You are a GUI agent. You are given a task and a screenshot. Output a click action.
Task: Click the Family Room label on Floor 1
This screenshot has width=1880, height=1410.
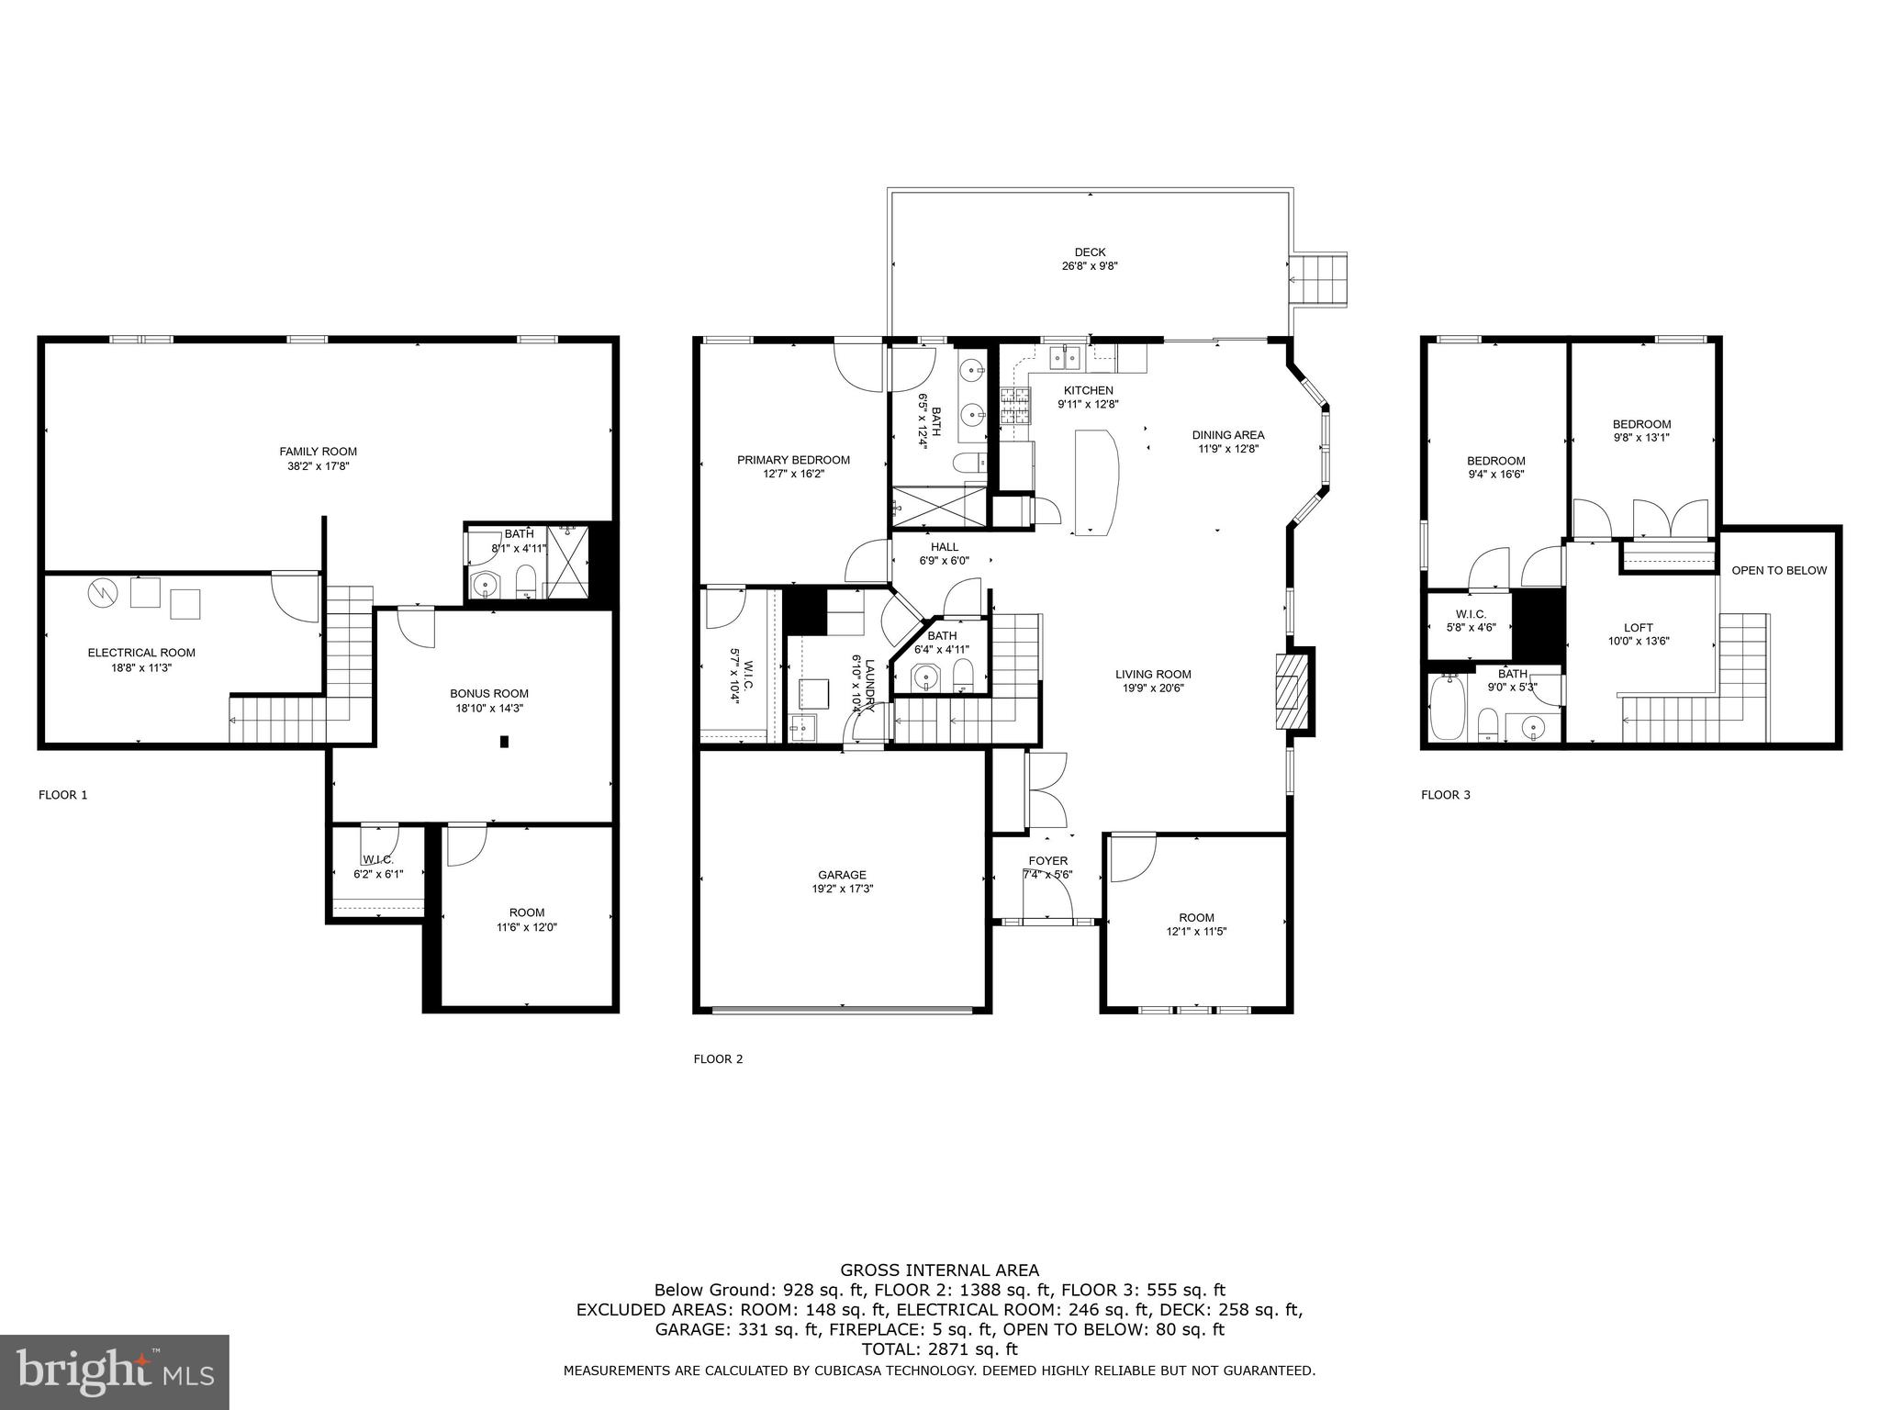[318, 451]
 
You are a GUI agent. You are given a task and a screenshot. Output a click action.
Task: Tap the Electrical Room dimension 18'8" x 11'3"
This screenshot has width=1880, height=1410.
[141, 667]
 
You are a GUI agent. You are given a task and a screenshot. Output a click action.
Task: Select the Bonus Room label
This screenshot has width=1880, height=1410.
[488, 693]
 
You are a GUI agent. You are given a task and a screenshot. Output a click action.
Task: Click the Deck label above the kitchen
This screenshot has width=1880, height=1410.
[1090, 252]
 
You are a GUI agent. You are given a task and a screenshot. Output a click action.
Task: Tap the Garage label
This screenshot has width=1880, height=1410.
[842, 875]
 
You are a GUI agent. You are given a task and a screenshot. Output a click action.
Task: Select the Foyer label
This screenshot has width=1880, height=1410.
[1047, 860]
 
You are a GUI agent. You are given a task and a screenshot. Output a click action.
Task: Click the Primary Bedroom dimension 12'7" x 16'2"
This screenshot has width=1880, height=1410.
[793, 474]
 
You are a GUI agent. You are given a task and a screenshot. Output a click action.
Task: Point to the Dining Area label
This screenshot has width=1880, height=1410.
[1227, 434]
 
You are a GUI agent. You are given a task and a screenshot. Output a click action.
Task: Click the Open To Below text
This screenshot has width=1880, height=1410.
[1778, 570]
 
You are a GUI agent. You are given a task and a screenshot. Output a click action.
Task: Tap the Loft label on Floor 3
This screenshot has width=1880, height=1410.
[1638, 628]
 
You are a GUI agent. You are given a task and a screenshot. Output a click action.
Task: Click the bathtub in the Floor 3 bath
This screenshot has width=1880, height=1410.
[1448, 708]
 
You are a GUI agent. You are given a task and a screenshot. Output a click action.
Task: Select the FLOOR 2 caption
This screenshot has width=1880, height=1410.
[718, 1058]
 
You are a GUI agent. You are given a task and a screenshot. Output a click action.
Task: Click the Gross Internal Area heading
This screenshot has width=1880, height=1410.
[939, 1270]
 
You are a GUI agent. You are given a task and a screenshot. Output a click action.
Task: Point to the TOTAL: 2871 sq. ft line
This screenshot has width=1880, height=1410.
[939, 1349]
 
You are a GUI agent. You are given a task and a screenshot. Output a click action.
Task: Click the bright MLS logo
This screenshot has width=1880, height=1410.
[115, 1371]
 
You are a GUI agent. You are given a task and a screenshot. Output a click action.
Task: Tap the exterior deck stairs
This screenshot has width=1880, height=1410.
[1318, 280]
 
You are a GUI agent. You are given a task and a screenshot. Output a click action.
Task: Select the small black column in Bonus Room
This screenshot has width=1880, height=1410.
[504, 742]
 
